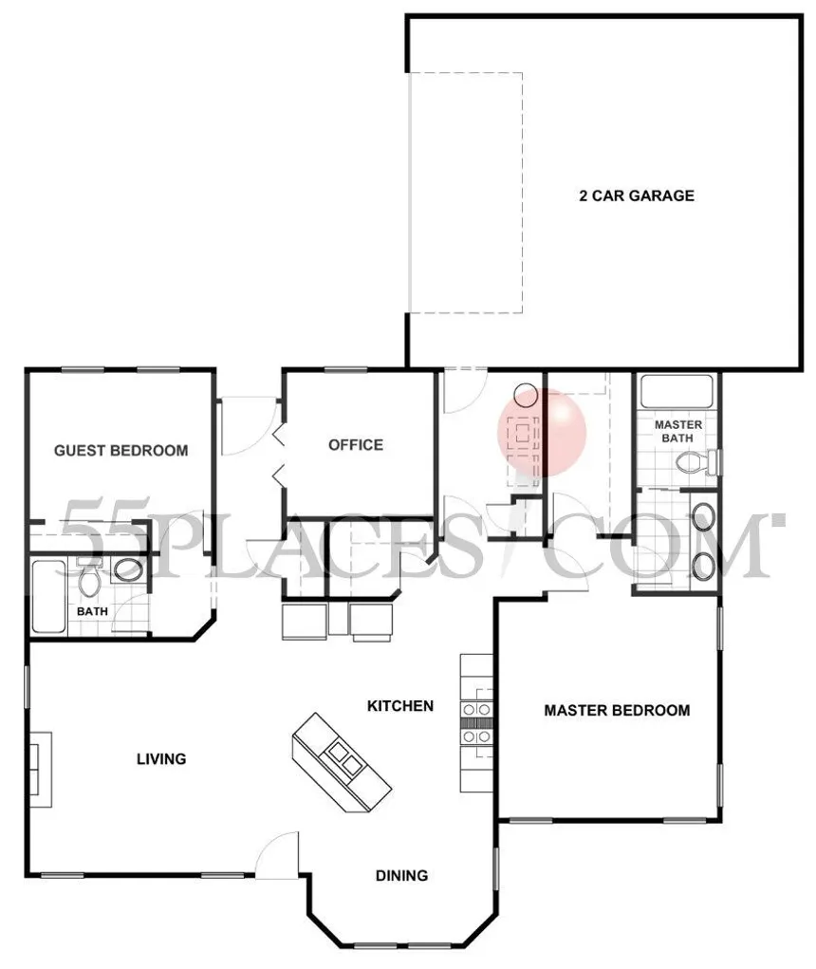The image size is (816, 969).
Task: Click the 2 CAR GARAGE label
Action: (x=637, y=196)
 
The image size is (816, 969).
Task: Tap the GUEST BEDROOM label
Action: (x=121, y=451)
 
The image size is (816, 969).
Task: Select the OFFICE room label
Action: (x=356, y=445)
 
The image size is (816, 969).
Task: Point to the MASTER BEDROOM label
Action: (x=617, y=711)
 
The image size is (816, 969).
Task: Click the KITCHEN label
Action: (x=400, y=706)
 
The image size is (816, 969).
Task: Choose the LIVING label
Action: (x=161, y=759)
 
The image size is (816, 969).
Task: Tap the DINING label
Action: (x=401, y=876)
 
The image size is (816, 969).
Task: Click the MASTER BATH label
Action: (x=677, y=432)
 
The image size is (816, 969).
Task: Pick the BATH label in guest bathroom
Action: (x=92, y=611)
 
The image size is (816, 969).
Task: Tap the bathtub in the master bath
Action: (x=677, y=392)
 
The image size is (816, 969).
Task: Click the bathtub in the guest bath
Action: (x=48, y=597)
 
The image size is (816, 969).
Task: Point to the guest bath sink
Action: (x=128, y=569)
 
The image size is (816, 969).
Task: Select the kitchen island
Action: (x=342, y=761)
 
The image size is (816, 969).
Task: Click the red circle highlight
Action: (x=542, y=432)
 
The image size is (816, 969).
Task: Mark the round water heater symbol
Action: (x=526, y=394)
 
